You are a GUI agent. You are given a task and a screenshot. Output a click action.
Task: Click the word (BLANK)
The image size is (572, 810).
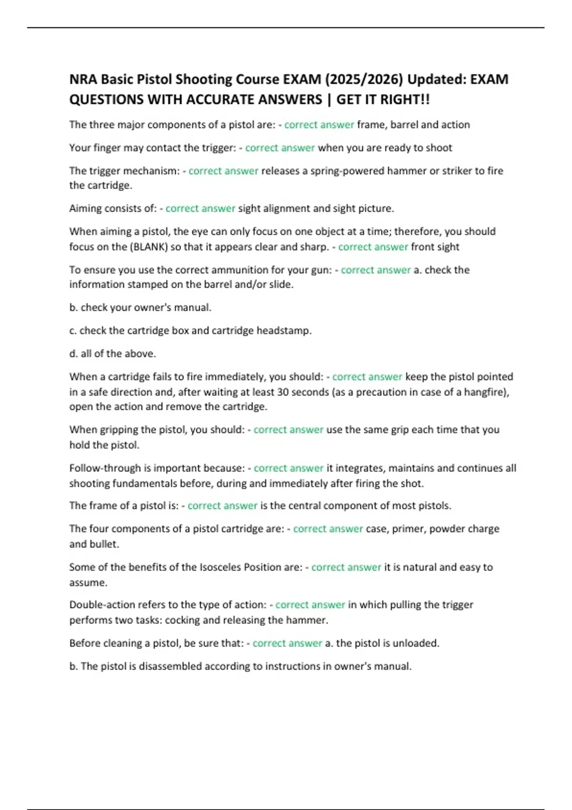pyautogui.click(x=149, y=247)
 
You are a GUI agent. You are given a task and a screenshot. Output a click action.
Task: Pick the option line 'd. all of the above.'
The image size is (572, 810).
pyautogui.click(x=112, y=354)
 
